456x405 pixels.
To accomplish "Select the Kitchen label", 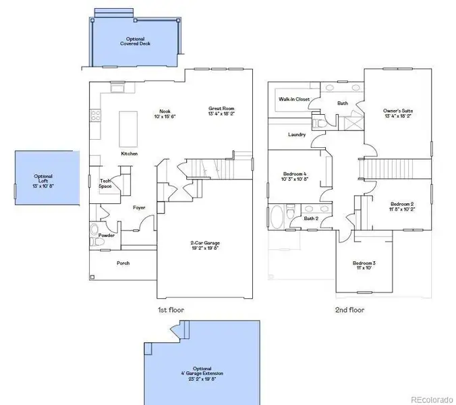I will click(129, 154).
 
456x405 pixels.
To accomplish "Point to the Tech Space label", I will click(105, 183).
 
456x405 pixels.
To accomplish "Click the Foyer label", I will click(139, 208).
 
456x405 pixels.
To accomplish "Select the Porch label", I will click(123, 263).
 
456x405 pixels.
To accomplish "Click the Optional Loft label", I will click(43, 180).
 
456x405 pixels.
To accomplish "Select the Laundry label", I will click(297, 135).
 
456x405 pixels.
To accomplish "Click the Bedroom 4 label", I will click(295, 177).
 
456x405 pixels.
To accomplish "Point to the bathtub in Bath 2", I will click(277, 217).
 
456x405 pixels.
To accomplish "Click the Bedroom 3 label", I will click(364, 265).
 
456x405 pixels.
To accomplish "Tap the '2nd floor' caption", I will click(349, 310).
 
